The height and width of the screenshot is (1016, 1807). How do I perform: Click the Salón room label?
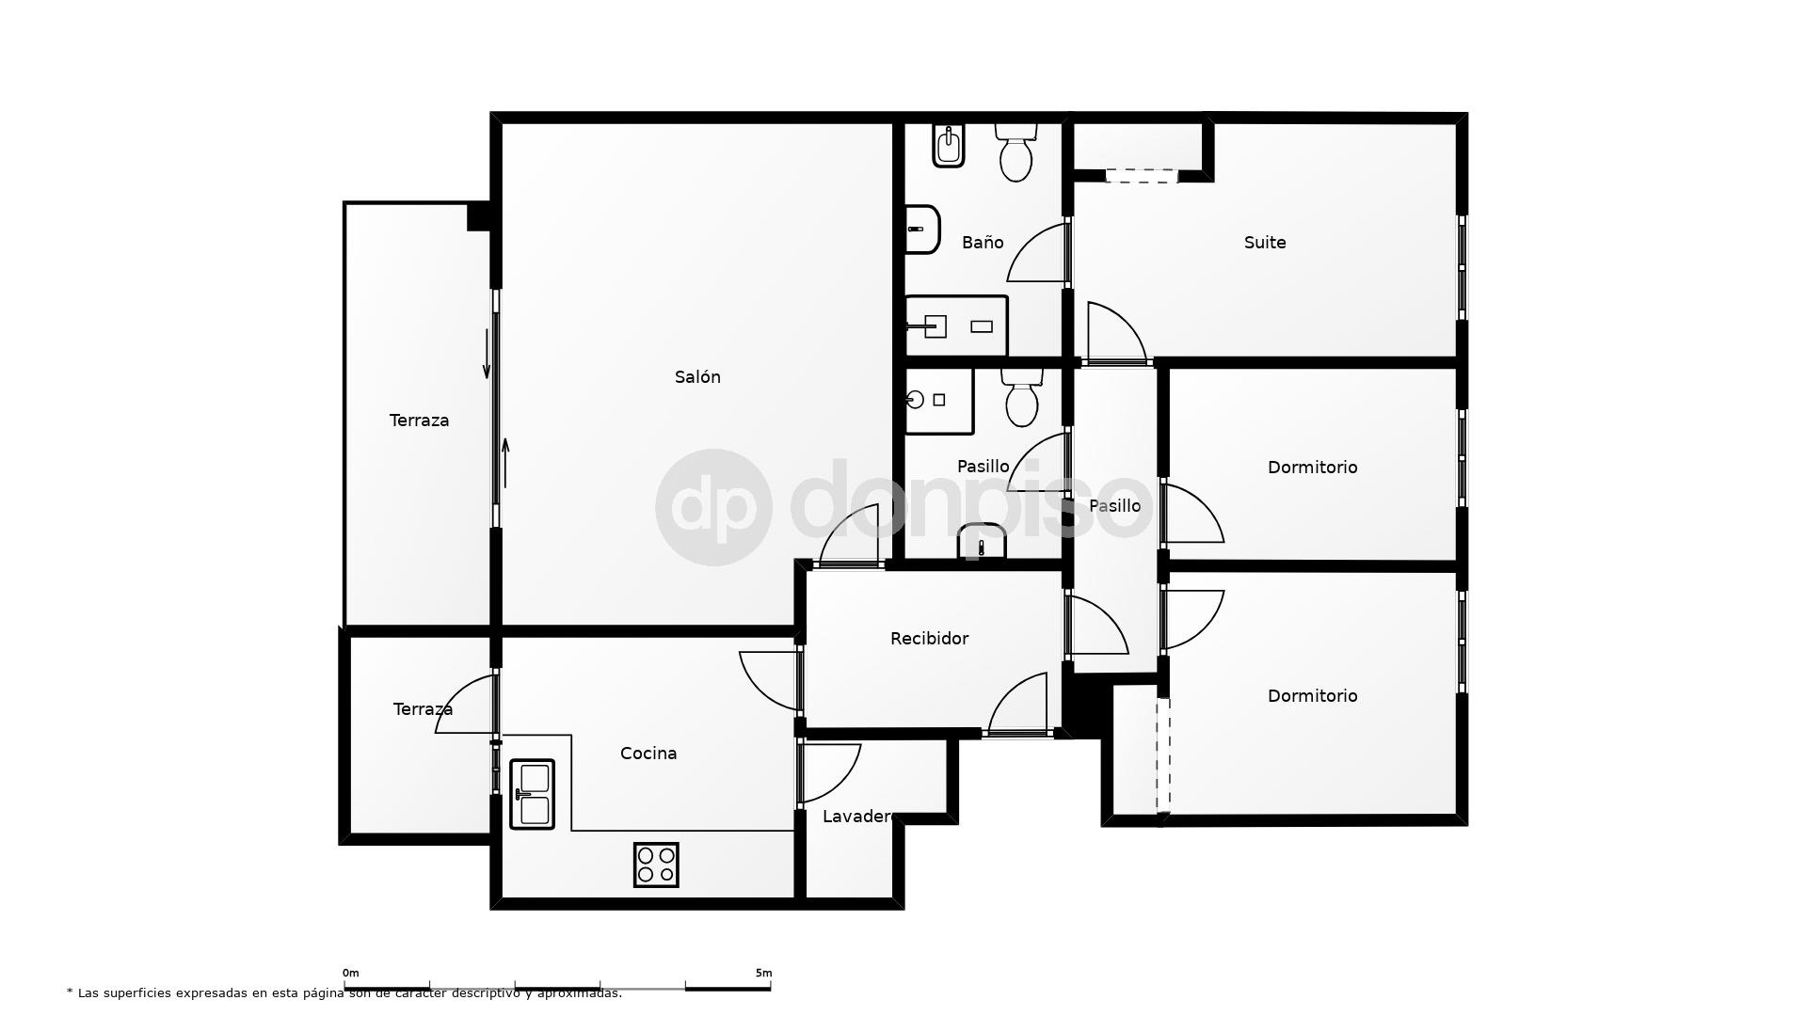pyautogui.click(x=697, y=377)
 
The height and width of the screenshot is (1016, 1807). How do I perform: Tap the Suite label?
pyautogui.click(x=1265, y=243)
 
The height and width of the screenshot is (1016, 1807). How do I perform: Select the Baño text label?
pyautogui.click(x=983, y=243)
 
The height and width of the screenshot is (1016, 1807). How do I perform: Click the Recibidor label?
pyautogui.click(x=929, y=639)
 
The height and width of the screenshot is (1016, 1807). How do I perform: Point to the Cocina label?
pyautogui.click(x=648, y=754)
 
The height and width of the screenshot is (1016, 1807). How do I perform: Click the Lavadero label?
pyautogui.click(x=857, y=817)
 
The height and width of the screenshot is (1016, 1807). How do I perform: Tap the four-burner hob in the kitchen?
pyautogui.click(x=656, y=865)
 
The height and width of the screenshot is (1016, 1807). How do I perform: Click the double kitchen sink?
pyautogui.click(x=532, y=794)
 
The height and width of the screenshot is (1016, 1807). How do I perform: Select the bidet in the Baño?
pyautogui.click(x=949, y=146)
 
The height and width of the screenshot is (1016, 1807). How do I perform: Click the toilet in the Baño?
pyautogui.click(x=1016, y=152)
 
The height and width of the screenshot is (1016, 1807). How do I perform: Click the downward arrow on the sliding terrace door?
pyautogui.click(x=487, y=355)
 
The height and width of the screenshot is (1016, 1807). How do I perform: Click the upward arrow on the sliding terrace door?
pyautogui.click(x=505, y=463)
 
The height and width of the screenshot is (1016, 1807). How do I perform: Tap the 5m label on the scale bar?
pyautogui.click(x=763, y=973)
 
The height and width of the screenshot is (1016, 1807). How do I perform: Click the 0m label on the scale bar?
pyautogui.click(x=350, y=973)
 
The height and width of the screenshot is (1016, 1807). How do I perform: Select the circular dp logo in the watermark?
pyautogui.click(x=713, y=507)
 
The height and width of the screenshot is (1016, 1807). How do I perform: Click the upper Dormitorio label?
pyautogui.click(x=1312, y=468)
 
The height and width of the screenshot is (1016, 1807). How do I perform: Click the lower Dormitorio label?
pyautogui.click(x=1312, y=696)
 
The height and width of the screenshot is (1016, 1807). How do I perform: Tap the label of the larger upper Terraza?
pyautogui.click(x=419, y=421)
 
